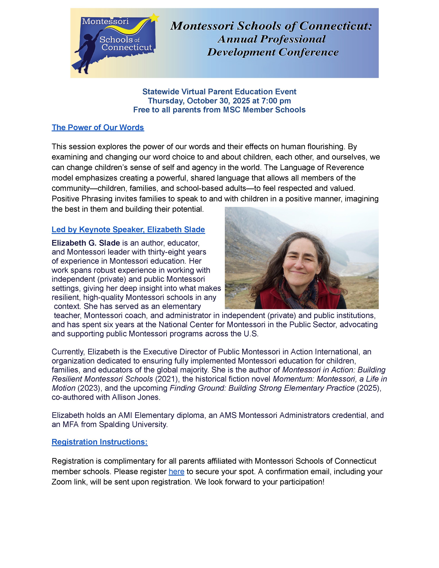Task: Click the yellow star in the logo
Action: coord(154,18)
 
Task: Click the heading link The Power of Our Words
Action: coord(98,127)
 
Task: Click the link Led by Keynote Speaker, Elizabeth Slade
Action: coord(128,229)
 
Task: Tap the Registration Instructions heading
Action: coord(100,442)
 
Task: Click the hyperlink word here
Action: coord(176,471)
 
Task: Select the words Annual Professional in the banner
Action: coord(271,39)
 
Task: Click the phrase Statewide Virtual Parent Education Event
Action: coord(219,92)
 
